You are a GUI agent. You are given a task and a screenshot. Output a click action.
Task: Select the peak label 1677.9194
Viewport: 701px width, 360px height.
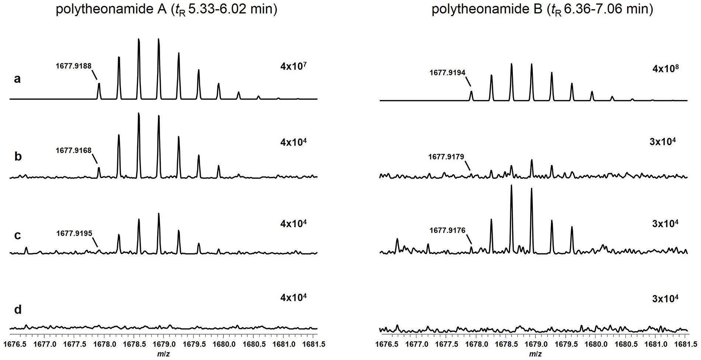point(447,73)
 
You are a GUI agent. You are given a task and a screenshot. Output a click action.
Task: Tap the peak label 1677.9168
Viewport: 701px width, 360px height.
point(73,150)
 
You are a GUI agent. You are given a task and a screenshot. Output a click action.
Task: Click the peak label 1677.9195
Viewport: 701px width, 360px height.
point(74,233)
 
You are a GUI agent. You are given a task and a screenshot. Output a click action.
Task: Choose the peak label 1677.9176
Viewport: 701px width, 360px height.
point(447,231)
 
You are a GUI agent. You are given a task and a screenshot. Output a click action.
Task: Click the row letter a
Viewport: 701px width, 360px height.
point(17,79)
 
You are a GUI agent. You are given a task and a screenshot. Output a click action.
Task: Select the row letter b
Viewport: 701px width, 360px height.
point(17,156)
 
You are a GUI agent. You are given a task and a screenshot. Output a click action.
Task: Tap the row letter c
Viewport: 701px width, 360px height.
point(17,235)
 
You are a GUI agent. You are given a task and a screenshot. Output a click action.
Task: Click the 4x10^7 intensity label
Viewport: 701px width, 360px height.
point(294,66)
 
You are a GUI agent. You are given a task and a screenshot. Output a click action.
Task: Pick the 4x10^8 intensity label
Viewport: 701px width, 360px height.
point(666,69)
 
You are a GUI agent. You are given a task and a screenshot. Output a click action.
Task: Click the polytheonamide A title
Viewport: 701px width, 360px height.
point(166,9)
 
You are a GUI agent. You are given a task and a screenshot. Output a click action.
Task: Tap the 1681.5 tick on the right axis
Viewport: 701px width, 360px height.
point(686,344)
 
